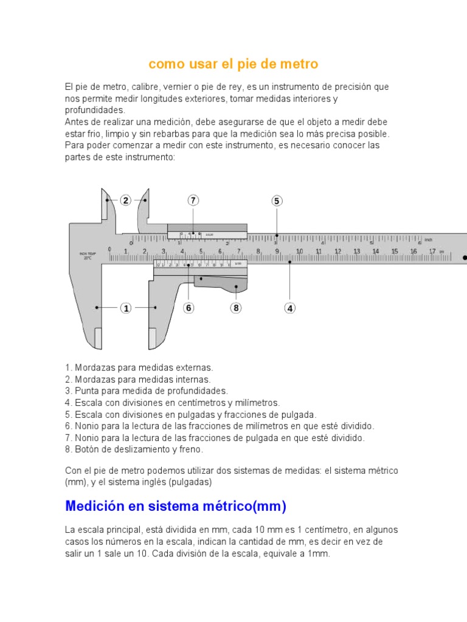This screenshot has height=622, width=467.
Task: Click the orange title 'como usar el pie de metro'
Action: pyautogui.click(x=233, y=64)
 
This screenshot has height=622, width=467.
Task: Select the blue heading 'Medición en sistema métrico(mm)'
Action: pyautogui.click(x=176, y=506)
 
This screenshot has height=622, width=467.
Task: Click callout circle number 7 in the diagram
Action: pyautogui.click(x=193, y=200)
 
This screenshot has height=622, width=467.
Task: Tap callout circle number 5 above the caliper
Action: pyautogui.click(x=277, y=201)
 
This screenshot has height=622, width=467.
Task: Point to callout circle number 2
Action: pyautogui.click(x=125, y=200)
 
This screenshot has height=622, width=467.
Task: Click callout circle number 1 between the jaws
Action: pyautogui.click(x=126, y=308)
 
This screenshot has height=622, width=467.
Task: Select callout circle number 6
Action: pyautogui.click(x=189, y=308)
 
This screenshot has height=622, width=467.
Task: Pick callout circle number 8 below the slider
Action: pyautogui.click(x=236, y=308)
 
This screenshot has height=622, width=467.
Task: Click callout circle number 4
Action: pyautogui.click(x=290, y=308)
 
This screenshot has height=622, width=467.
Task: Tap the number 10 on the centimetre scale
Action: pyautogui.click(x=299, y=251)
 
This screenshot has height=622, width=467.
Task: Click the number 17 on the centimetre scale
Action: pyautogui.click(x=432, y=251)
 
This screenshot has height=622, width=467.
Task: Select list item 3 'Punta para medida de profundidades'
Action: pyautogui.click(x=147, y=391)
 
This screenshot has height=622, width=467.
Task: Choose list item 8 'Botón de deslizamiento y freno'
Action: pyautogui.click(x=134, y=450)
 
